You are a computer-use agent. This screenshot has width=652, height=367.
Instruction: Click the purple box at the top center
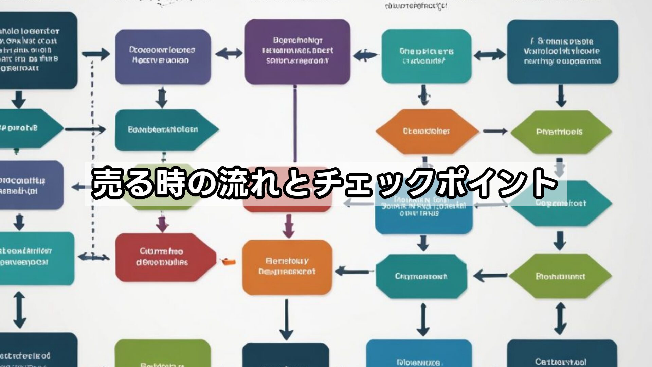(x=297, y=52)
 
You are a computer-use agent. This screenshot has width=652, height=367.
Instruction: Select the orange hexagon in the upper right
(x=427, y=132)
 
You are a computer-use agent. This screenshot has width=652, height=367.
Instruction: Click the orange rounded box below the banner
(x=287, y=267)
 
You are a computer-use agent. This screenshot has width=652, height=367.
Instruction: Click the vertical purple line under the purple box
(x=294, y=122)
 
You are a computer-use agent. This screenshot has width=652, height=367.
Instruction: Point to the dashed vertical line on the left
(x=92, y=153)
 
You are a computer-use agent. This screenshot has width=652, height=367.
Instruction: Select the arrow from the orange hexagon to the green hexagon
(x=495, y=132)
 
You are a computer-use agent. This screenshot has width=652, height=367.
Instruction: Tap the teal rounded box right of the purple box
(x=426, y=56)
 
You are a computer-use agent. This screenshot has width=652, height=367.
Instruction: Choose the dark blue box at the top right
(x=562, y=52)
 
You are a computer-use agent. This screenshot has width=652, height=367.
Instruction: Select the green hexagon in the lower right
(x=560, y=276)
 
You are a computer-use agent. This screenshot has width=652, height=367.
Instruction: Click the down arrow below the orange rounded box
(x=286, y=319)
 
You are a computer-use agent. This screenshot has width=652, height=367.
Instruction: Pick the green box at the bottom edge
(x=162, y=353)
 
